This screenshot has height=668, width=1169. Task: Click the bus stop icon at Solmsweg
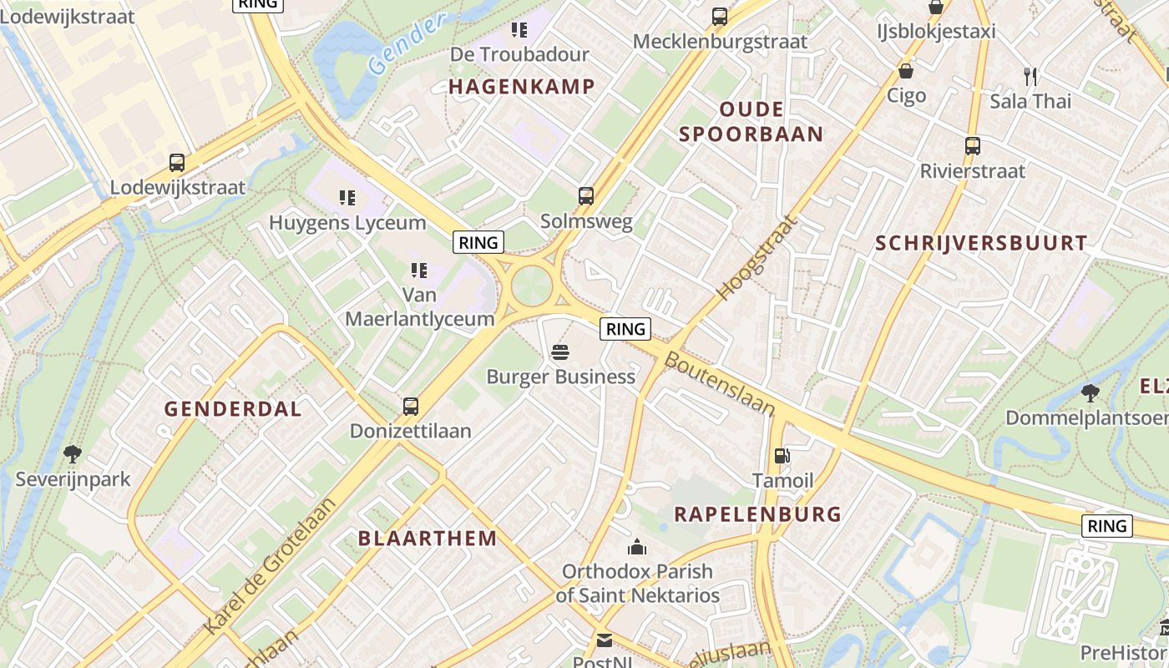[x=586, y=196]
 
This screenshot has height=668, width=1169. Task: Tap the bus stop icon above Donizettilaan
[x=411, y=407]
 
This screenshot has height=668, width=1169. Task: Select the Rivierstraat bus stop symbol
[x=973, y=146]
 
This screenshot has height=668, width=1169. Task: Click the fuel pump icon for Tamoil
[x=782, y=456]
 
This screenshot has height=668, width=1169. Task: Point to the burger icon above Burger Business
[x=560, y=352]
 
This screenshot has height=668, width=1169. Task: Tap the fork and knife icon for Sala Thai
[x=1030, y=76]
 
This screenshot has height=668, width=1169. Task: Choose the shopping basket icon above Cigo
[x=906, y=71]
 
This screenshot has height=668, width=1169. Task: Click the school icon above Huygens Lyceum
[x=347, y=198]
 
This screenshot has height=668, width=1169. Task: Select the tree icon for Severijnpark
[x=73, y=454]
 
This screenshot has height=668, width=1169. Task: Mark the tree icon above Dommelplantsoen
[x=1090, y=392]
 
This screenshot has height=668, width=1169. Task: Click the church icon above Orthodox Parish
[x=637, y=547]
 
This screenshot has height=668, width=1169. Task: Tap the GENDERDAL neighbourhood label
[x=233, y=409]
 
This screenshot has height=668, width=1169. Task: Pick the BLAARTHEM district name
[x=428, y=539]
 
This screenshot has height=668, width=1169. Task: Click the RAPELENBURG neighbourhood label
[x=757, y=514]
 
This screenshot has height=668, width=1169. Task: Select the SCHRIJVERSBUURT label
[x=981, y=244]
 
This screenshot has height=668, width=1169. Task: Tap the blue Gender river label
[x=407, y=44]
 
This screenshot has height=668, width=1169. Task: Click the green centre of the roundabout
[x=532, y=285]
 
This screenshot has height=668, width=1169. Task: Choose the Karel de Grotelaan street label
[x=271, y=565]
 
